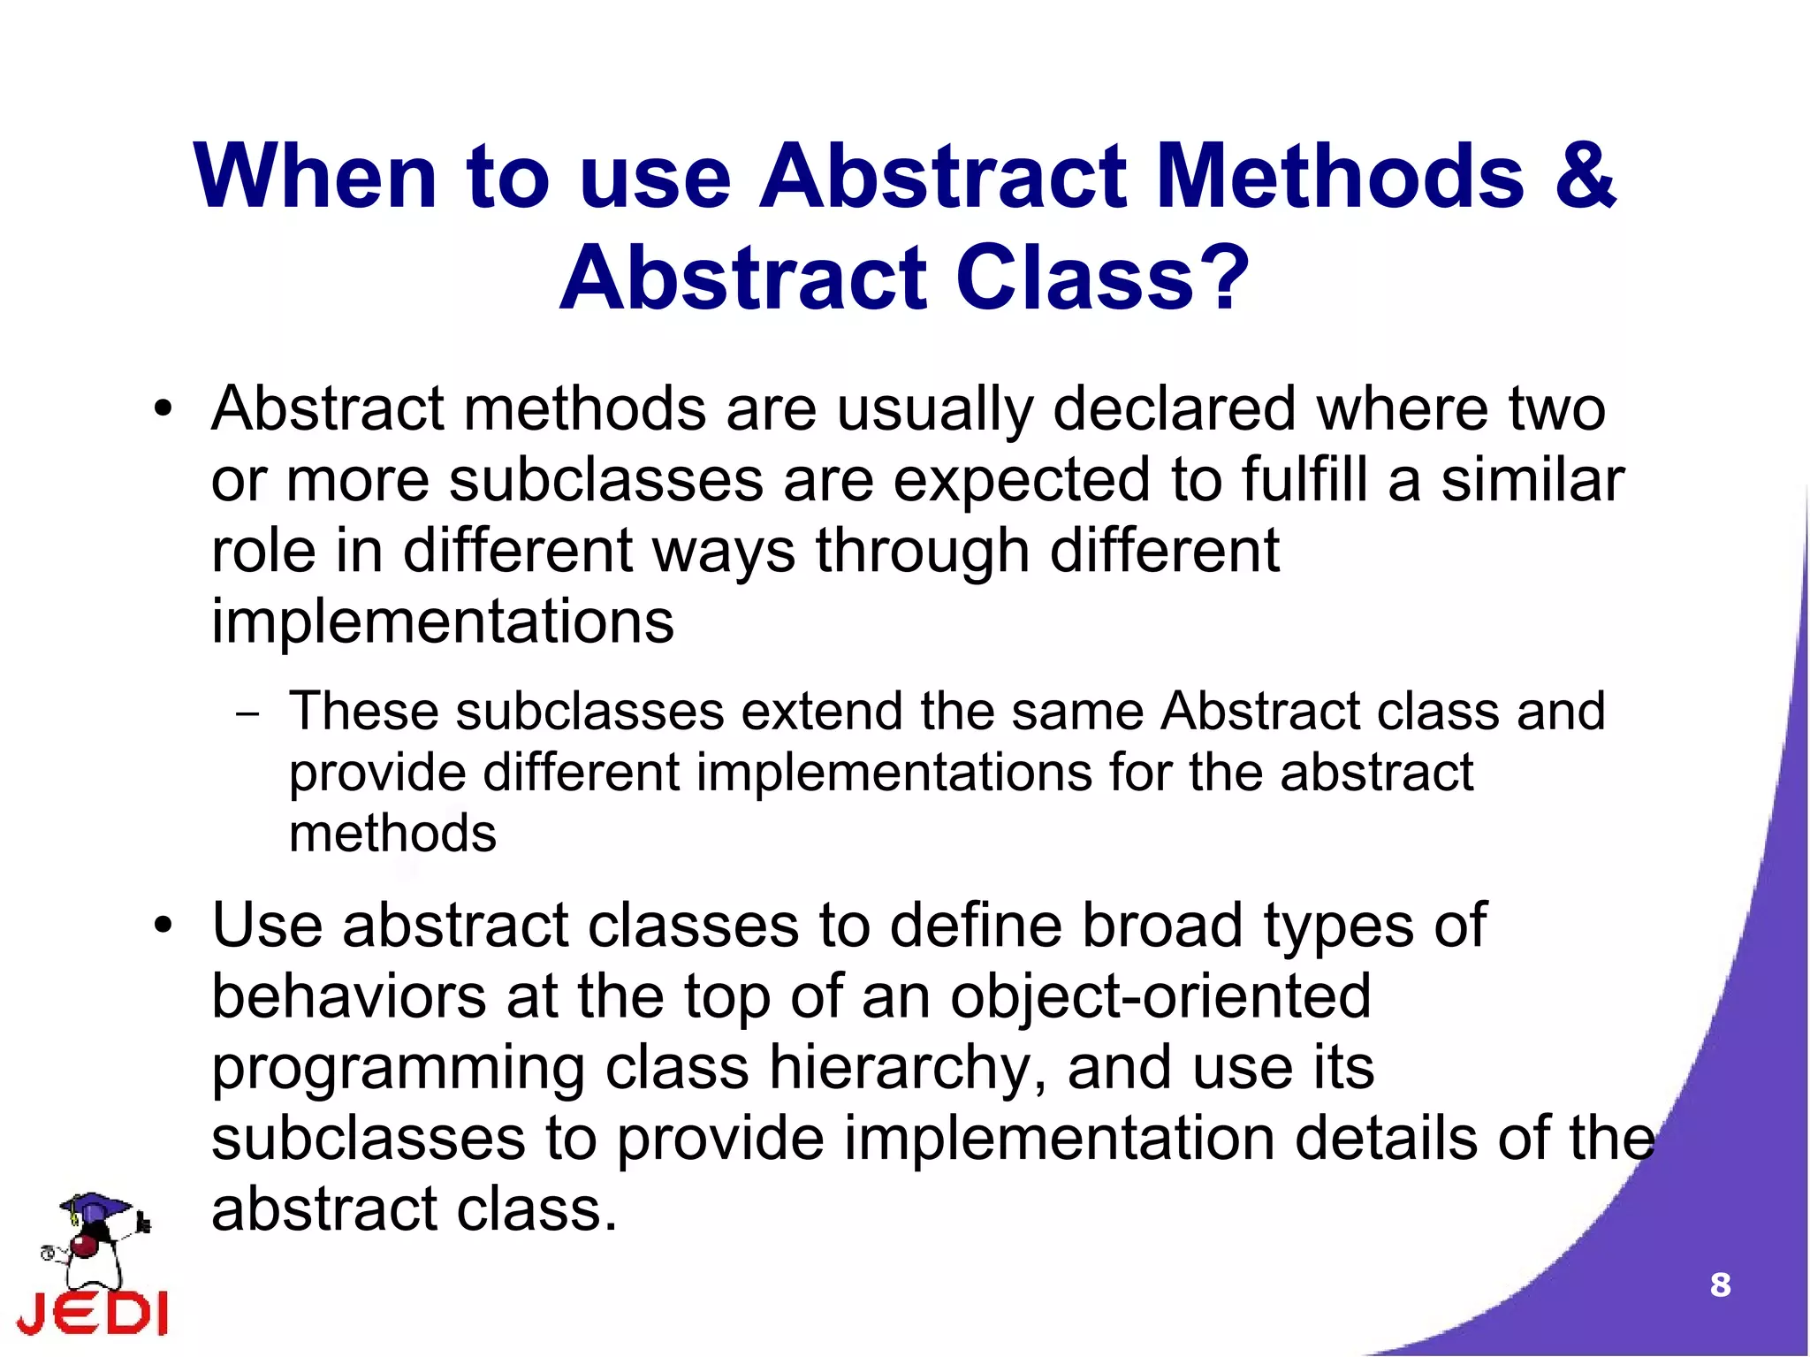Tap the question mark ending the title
pos(1221,279)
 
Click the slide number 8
pos(1720,1285)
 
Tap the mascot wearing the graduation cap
pos(93,1238)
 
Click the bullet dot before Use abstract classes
pos(163,926)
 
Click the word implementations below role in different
pos(442,621)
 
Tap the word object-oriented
pos(1160,996)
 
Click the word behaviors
pos(348,996)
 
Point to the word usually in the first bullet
pos(934,411)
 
